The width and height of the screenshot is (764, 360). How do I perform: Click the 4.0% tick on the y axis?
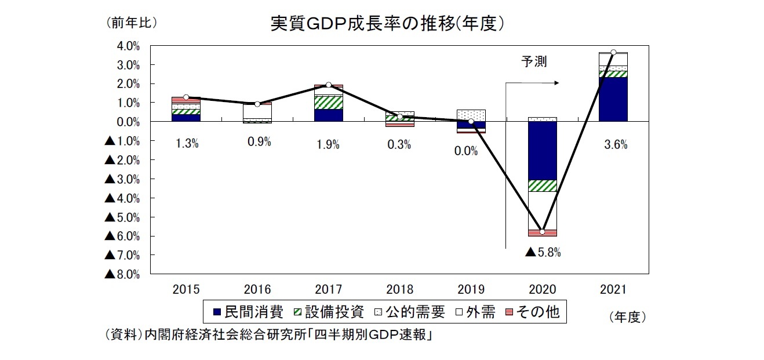[128, 45]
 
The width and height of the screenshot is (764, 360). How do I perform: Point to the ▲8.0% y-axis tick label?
[122, 274]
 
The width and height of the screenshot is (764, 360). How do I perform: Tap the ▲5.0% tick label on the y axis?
[122, 217]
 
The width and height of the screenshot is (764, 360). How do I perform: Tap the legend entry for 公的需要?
[409, 312]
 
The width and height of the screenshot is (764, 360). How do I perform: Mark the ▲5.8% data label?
[543, 252]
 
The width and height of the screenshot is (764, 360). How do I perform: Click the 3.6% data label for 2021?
[615, 146]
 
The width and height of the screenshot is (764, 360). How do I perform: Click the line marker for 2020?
[542, 232]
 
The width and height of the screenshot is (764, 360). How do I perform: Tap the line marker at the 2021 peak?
[613, 52]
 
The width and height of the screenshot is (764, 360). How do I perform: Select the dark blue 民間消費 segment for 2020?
[542, 151]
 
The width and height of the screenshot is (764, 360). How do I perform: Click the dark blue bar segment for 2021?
[613, 99]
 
